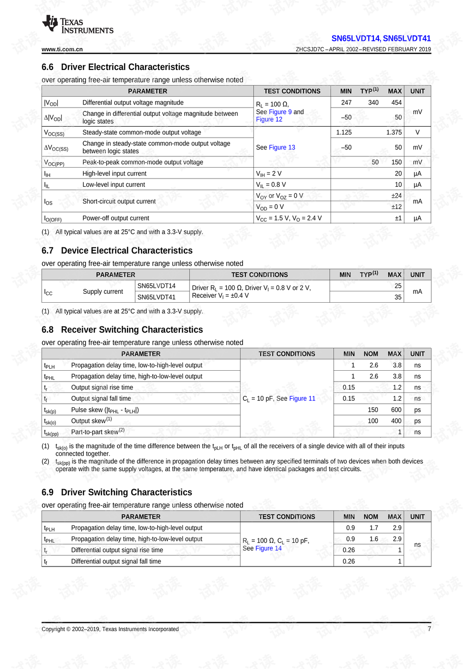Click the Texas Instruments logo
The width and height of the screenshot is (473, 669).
pos(77,25)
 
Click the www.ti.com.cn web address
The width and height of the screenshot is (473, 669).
pos(62,49)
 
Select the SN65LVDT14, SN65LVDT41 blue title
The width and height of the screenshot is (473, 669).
pos(381,38)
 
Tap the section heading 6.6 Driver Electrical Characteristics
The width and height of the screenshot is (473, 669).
pos(115,67)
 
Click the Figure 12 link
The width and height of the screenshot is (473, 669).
pos(269,119)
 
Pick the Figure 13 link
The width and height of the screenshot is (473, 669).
pos(282,147)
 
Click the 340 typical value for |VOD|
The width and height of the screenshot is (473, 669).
pos(373,103)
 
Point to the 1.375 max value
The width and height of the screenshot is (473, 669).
pos(394,132)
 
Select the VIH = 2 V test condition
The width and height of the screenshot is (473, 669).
pos(269,174)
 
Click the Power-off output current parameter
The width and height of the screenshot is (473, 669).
pos(116,218)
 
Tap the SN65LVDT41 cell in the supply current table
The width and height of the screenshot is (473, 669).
pos(156,297)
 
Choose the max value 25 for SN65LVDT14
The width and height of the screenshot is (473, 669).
pos(398,286)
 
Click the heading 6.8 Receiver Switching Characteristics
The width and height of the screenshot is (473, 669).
pos(122,330)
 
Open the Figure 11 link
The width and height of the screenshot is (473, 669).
pos(302,398)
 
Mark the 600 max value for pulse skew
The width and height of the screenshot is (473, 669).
pos(396,410)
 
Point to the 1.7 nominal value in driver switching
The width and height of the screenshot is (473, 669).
pos(373,528)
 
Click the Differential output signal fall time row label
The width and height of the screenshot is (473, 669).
pos(116,562)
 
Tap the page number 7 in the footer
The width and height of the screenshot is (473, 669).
pos(429,629)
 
